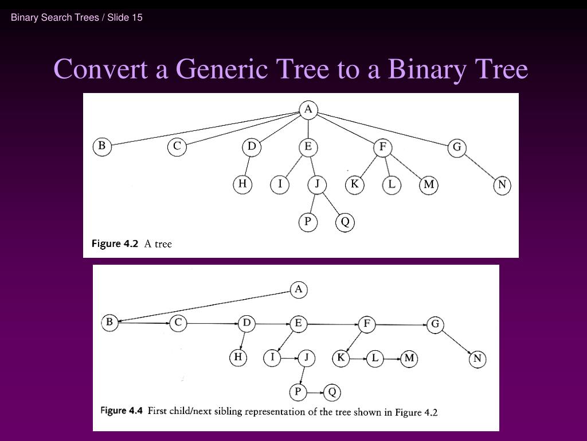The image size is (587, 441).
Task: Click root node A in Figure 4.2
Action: tap(308, 109)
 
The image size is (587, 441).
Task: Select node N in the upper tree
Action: tap(502, 185)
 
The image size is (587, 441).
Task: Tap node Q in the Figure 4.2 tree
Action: tap(345, 222)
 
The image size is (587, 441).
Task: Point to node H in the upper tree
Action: tap(242, 184)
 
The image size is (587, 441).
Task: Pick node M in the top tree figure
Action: tap(429, 185)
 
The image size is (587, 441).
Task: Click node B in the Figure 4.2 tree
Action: tap(101, 146)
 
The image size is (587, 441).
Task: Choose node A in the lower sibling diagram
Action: tap(298, 290)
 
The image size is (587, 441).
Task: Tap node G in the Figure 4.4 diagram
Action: tap(435, 324)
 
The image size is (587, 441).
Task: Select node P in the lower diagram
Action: tap(298, 392)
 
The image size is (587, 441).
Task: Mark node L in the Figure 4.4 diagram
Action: tap(374, 359)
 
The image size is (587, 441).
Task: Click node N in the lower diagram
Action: tap(477, 359)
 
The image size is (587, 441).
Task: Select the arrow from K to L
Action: tap(357, 359)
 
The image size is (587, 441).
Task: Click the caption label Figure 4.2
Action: tap(115, 243)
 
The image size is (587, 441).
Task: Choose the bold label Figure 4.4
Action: tap(121, 411)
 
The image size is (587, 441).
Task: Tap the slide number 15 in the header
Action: tap(137, 17)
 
